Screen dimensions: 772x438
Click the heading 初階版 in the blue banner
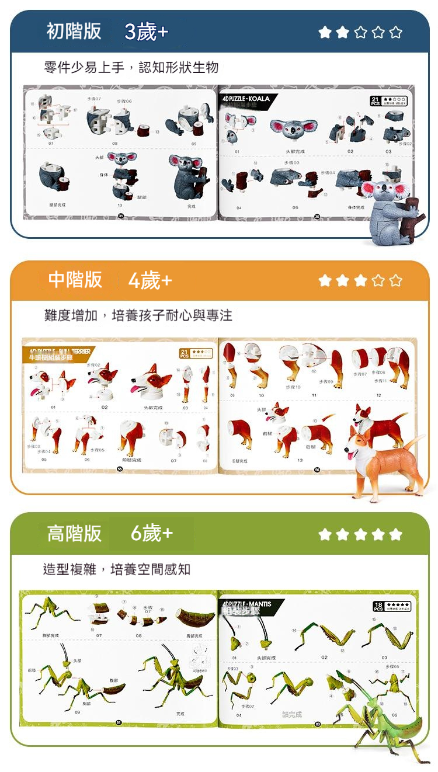click(x=74, y=31)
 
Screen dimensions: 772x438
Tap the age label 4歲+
click(x=150, y=281)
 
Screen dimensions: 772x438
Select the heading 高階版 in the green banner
click(x=74, y=533)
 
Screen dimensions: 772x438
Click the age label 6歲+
click(x=152, y=533)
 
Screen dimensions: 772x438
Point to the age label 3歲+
click(x=146, y=32)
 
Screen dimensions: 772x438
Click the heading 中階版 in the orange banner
click(x=75, y=280)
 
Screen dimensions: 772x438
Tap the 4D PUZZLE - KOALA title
click(x=246, y=99)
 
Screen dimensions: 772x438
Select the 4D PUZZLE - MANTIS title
click(x=247, y=604)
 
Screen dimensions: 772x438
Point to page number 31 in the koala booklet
click(x=121, y=216)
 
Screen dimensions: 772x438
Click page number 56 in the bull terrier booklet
click(x=317, y=470)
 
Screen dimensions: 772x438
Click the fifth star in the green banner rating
click(x=396, y=534)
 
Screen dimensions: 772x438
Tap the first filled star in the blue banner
click(x=325, y=32)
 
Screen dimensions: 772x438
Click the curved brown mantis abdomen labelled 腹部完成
click(x=195, y=617)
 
